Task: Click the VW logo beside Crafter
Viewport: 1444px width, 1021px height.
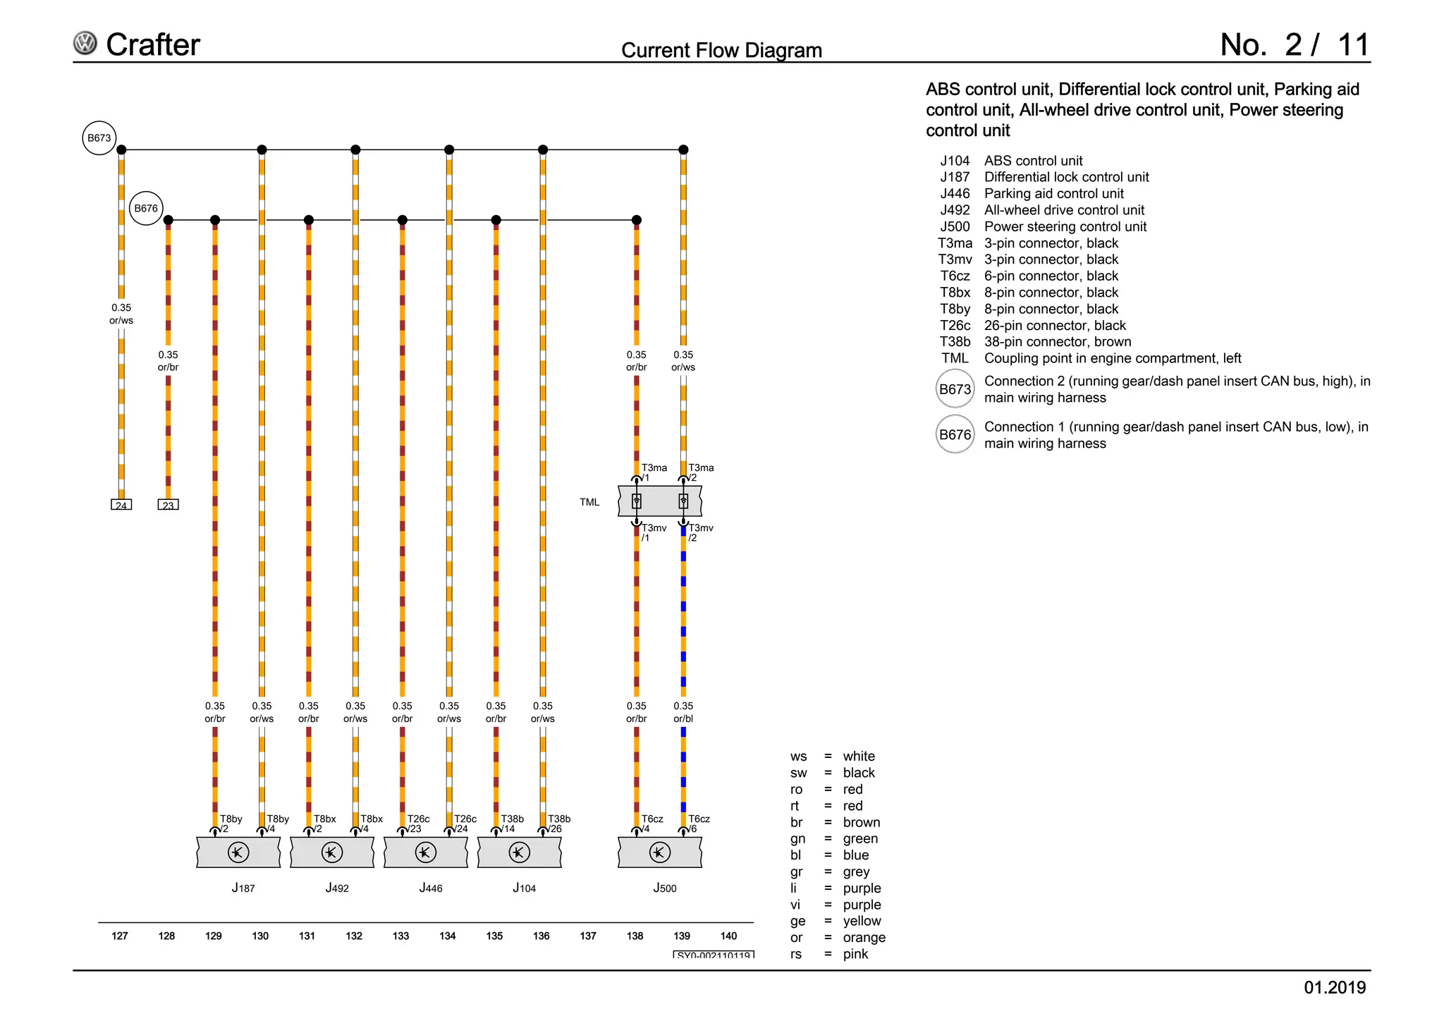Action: pos(85,44)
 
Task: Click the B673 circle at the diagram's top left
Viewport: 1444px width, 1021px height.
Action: pos(99,138)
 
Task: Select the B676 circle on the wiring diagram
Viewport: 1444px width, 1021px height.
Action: pos(146,208)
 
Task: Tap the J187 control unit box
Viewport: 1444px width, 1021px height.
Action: pos(238,852)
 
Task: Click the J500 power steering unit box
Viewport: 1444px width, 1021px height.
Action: pos(660,852)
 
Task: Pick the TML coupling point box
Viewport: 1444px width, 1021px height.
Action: pos(660,501)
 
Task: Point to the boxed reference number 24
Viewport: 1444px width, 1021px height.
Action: pos(121,505)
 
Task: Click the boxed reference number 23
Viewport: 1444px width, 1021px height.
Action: pos(168,505)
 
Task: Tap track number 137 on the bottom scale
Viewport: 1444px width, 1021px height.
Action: pos(588,936)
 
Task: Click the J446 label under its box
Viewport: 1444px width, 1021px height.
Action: pos(431,888)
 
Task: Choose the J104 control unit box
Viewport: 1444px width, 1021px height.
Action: pos(519,852)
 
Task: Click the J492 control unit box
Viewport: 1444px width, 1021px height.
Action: pos(332,852)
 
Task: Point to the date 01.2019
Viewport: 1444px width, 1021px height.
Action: pos(1335,987)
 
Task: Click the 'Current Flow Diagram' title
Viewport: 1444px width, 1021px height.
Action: pos(721,51)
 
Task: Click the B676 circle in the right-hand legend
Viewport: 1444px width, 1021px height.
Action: pos(955,434)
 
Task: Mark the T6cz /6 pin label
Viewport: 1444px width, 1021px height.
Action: pos(698,823)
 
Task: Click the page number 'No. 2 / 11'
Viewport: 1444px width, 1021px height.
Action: pos(1295,45)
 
